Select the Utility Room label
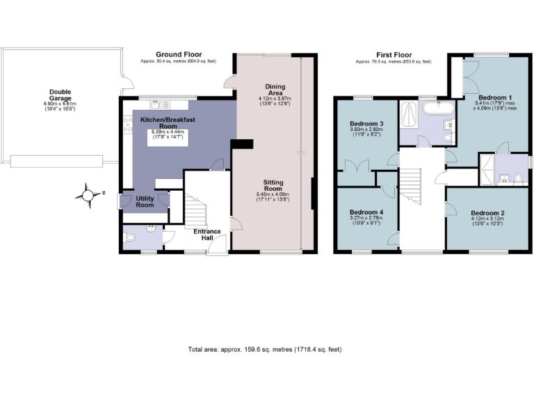145,202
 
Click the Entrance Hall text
207,235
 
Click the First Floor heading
393,54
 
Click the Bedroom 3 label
366,124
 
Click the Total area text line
264,349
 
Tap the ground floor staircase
198,209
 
